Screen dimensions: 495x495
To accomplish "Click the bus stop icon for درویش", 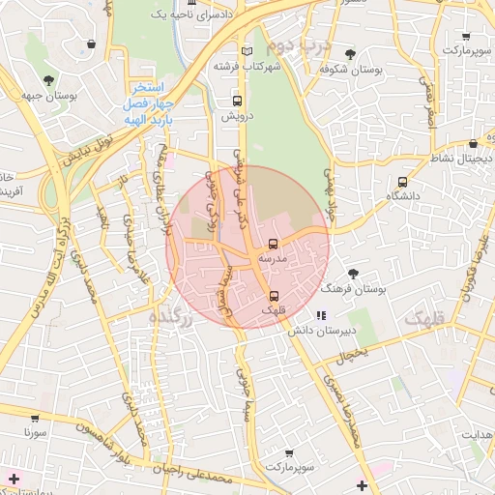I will [238, 101].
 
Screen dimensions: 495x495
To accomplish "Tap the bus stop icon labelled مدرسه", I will [273, 244].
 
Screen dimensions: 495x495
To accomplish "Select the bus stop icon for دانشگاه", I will [402, 181].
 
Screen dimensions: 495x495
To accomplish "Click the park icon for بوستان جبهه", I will [47, 79].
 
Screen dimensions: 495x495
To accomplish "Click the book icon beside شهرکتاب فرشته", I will [247, 50].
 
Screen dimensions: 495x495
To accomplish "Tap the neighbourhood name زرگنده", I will [173, 317].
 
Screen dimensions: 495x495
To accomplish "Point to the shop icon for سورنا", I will [36, 419].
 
